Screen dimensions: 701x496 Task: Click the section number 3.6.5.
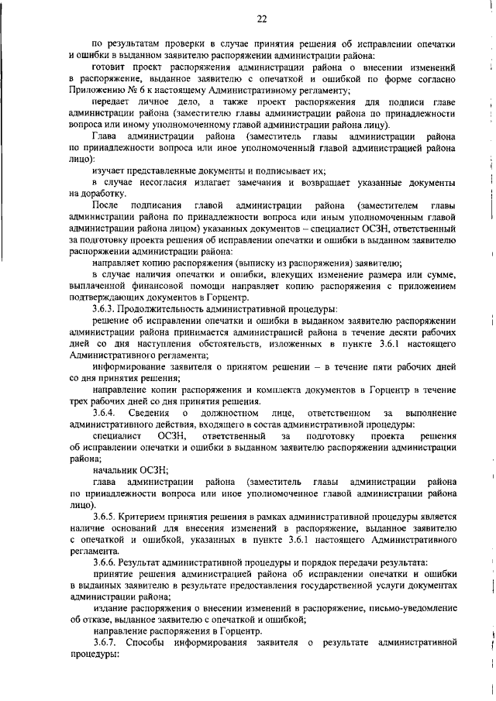tap(105, 516)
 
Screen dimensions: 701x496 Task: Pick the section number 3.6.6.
tap(105, 561)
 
